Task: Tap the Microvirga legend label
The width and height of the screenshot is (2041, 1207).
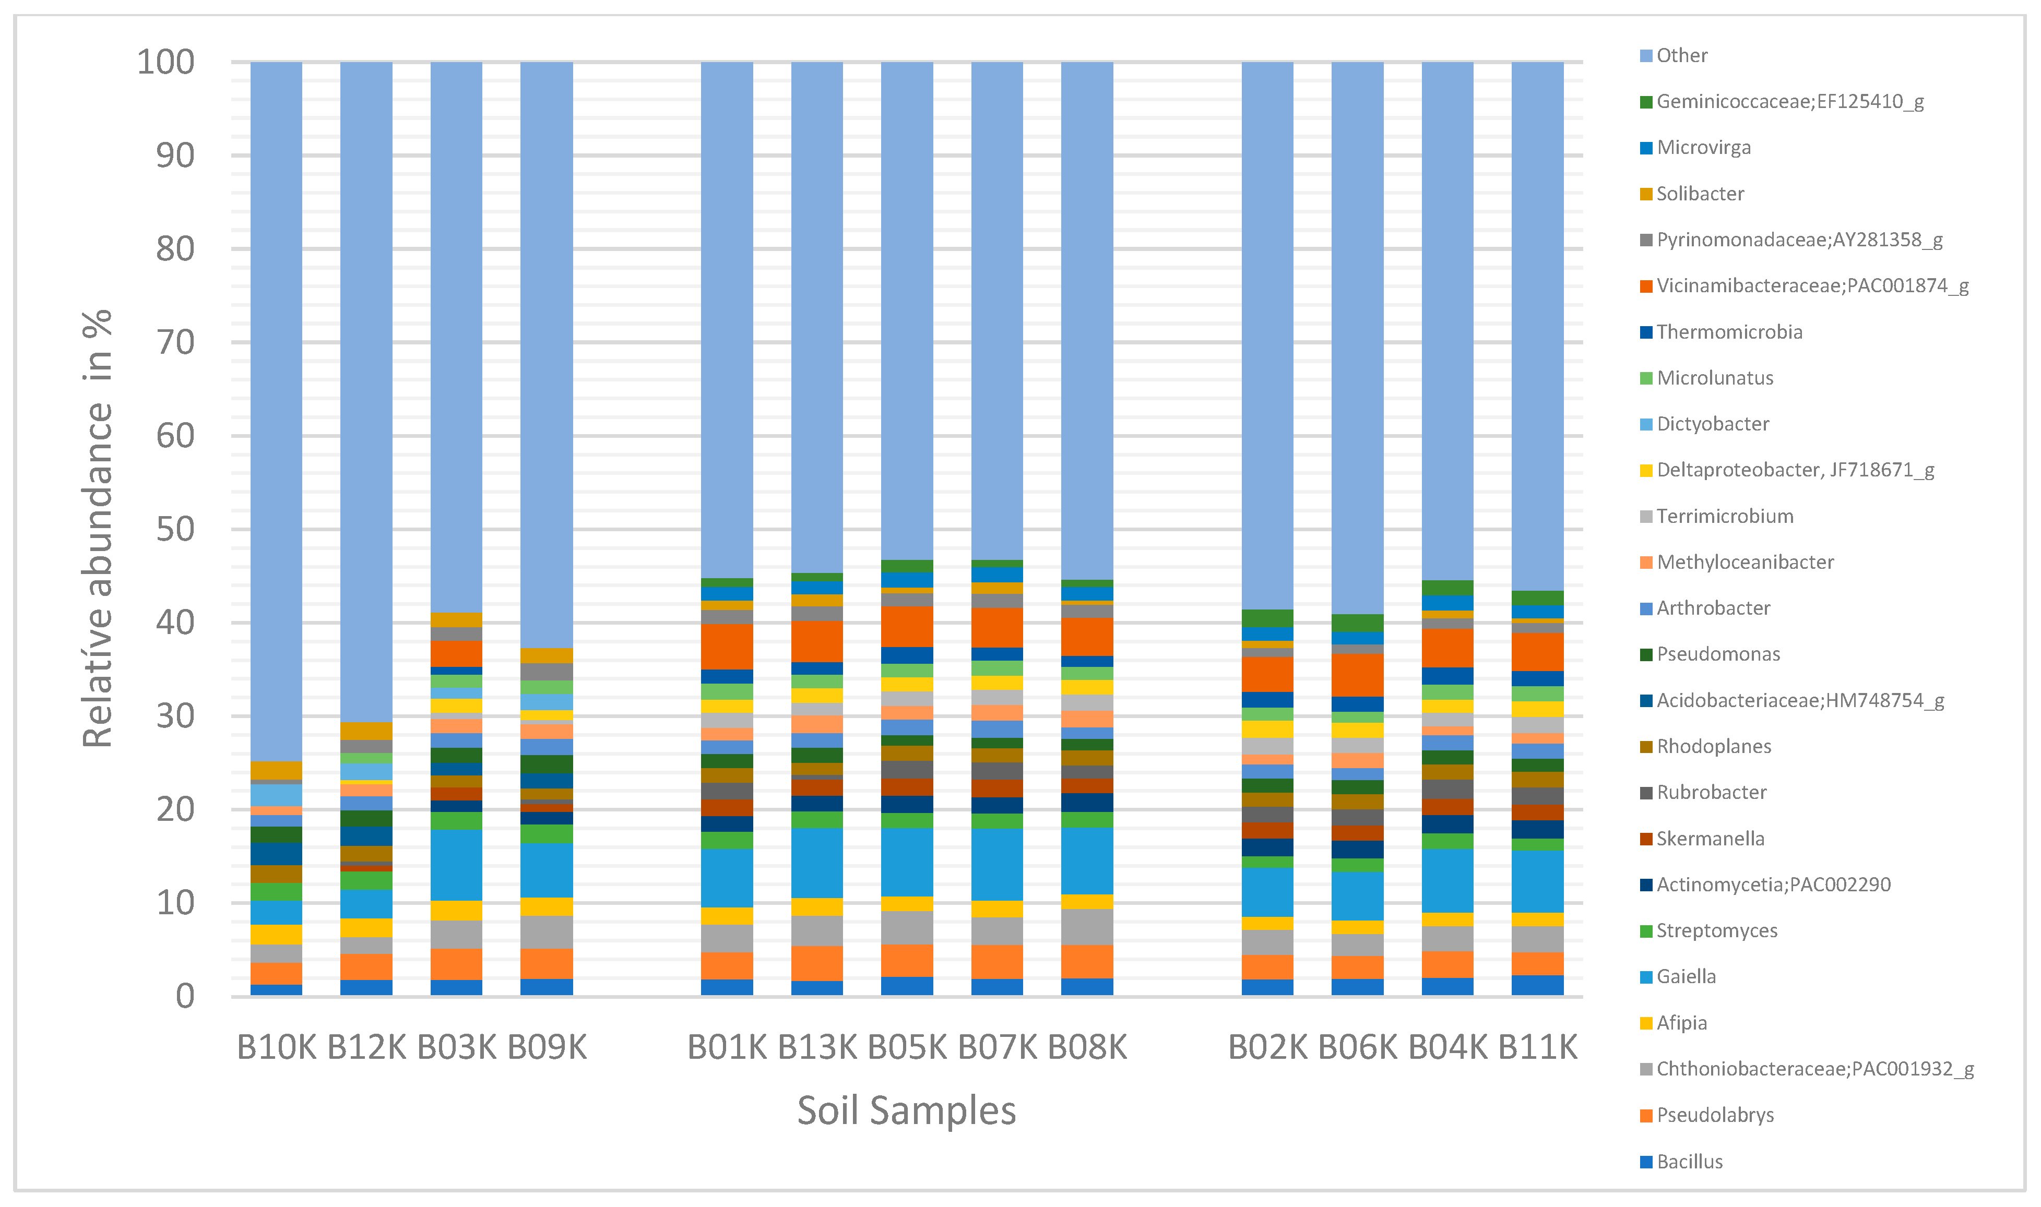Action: click(1703, 147)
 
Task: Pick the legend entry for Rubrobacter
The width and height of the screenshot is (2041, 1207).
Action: click(1711, 792)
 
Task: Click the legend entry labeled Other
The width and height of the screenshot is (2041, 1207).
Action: click(1681, 55)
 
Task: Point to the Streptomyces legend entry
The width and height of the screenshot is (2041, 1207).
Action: click(1716, 930)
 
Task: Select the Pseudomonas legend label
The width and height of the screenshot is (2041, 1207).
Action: click(1717, 654)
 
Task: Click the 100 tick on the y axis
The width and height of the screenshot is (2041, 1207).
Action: click(165, 62)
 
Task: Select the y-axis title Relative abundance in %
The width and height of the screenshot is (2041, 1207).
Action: click(98, 529)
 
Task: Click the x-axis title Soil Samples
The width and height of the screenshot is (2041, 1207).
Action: click(906, 1111)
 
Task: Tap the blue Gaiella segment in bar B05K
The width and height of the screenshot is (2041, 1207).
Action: click(907, 862)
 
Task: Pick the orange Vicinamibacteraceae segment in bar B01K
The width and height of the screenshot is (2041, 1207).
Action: click(727, 647)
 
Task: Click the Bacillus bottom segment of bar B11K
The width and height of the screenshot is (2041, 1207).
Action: click(1537, 985)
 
